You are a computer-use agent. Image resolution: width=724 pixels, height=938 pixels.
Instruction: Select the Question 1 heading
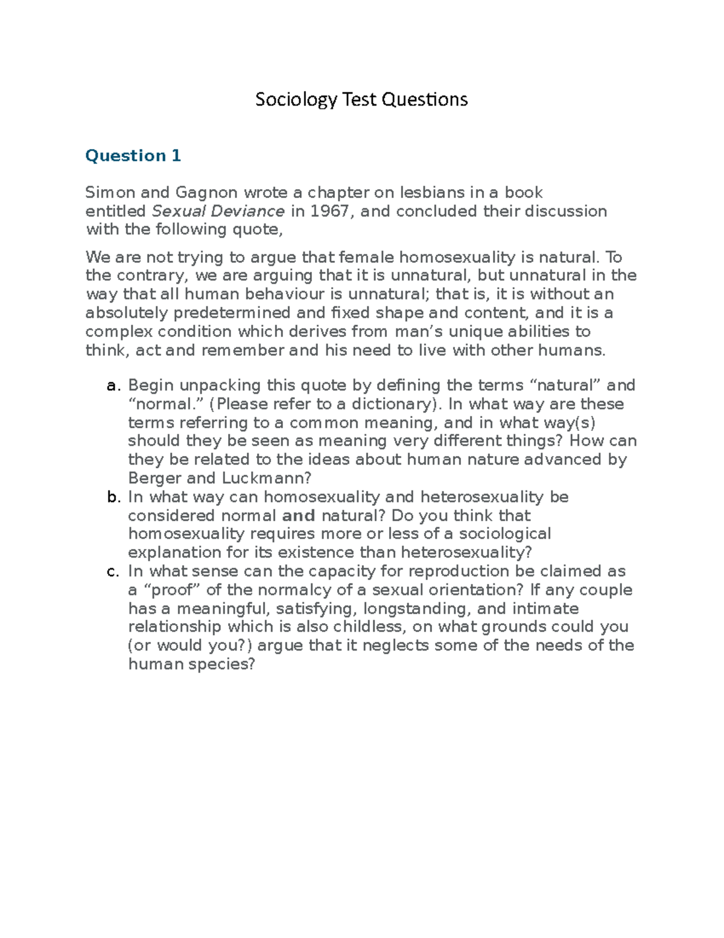pos(133,156)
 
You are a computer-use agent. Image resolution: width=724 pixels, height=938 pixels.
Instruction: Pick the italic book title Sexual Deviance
pos(218,211)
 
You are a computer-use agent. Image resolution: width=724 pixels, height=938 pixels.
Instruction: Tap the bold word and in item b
pos(299,516)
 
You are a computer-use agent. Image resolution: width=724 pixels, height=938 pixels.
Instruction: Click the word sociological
pos(504,534)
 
